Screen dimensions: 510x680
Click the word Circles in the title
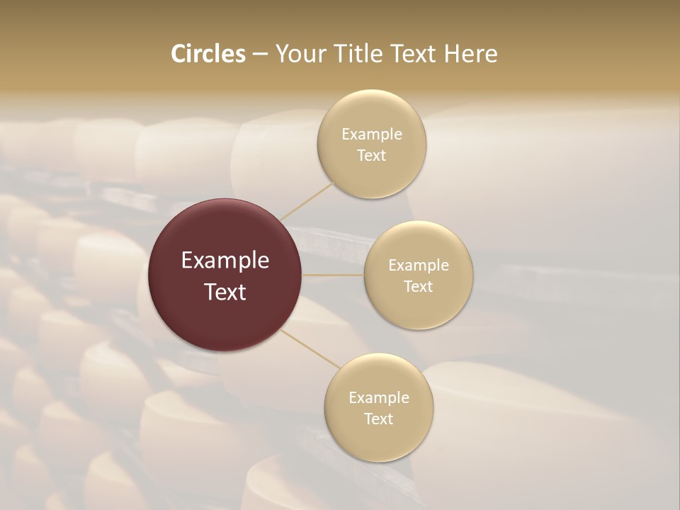[x=208, y=54]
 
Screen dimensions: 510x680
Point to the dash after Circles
[x=259, y=55]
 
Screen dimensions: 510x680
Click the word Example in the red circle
[x=225, y=261]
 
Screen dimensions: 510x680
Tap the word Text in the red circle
[x=225, y=292]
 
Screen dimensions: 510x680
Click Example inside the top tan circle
[x=372, y=135]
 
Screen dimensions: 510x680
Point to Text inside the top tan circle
[x=372, y=156]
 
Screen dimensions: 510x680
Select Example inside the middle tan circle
[x=418, y=266]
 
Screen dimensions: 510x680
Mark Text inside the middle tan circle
[x=418, y=287]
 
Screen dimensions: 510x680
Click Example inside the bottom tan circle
[x=379, y=398]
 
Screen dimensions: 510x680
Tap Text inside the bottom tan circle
[x=379, y=419]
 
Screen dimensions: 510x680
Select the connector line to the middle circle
[x=333, y=275]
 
